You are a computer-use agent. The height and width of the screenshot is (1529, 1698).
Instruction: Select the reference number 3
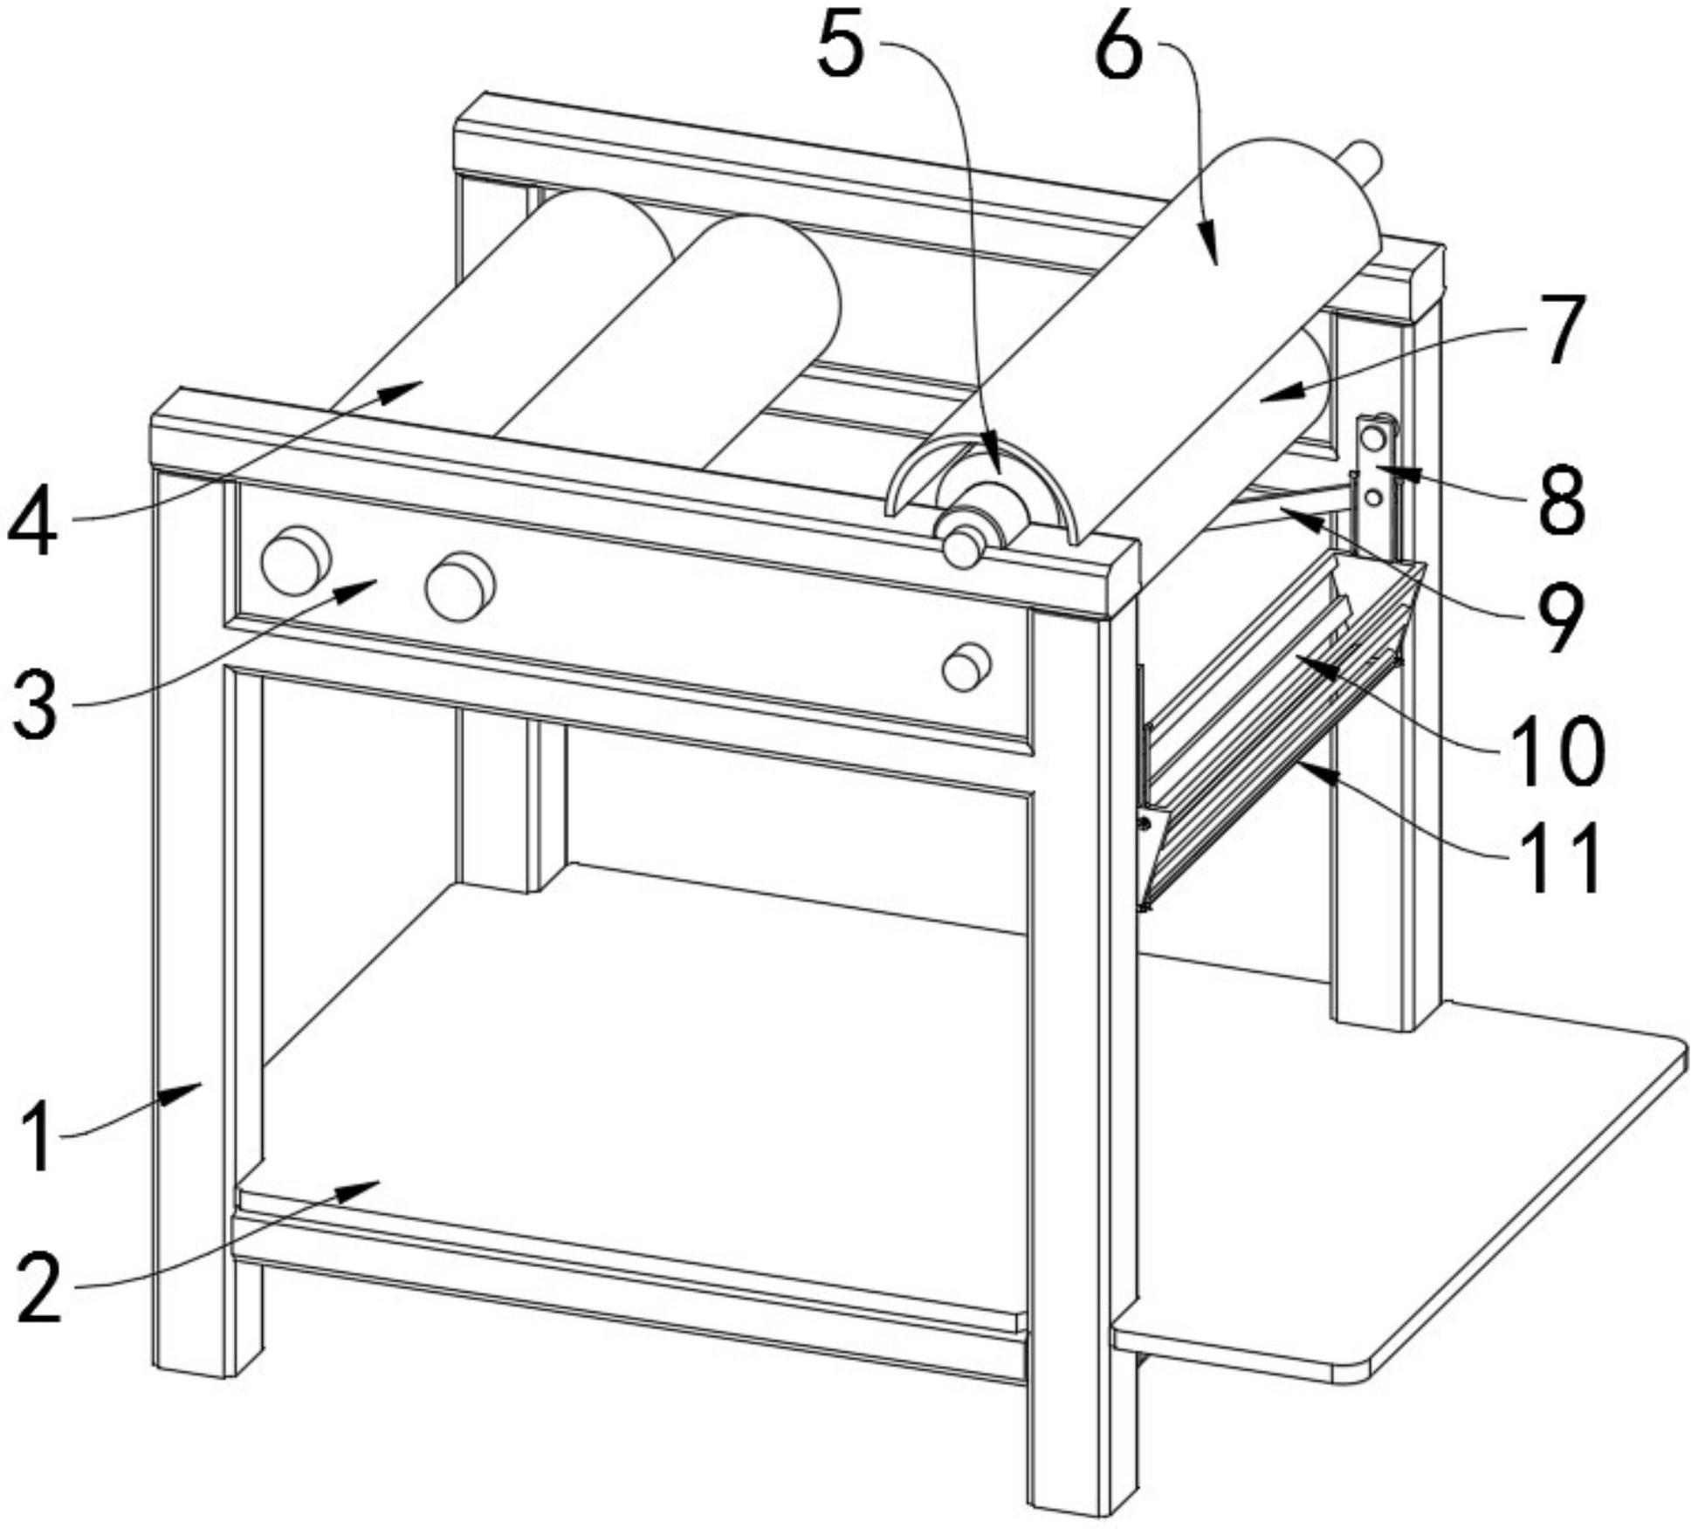pos(36,697)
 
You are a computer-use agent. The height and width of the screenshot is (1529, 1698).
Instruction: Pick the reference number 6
pos(1119,44)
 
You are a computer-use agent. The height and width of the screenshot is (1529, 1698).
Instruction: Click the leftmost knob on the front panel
pos(296,560)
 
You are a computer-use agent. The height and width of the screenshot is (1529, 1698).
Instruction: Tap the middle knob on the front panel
pos(460,586)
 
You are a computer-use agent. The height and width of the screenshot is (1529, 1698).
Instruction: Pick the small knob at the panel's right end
pos(966,668)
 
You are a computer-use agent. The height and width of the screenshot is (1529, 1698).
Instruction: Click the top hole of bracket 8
pos(1373,435)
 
